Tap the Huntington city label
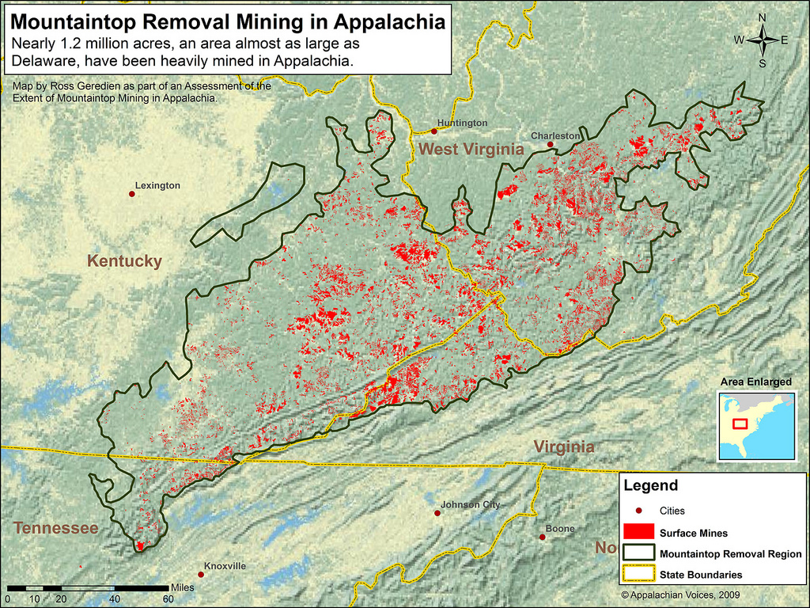[462, 123]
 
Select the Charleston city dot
[550, 144]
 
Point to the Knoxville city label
[225, 566]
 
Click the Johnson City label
[470, 504]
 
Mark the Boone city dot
[543, 537]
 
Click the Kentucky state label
[124, 261]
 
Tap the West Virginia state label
[471, 149]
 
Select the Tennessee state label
[55, 528]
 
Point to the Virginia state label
[563, 446]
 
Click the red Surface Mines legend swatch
[638, 533]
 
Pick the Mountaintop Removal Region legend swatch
[638, 553]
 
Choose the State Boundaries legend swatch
[638, 574]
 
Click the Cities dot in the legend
[638, 511]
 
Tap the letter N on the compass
[762, 17]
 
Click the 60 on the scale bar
[168, 598]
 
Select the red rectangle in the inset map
[740, 423]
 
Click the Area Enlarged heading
[755, 382]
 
